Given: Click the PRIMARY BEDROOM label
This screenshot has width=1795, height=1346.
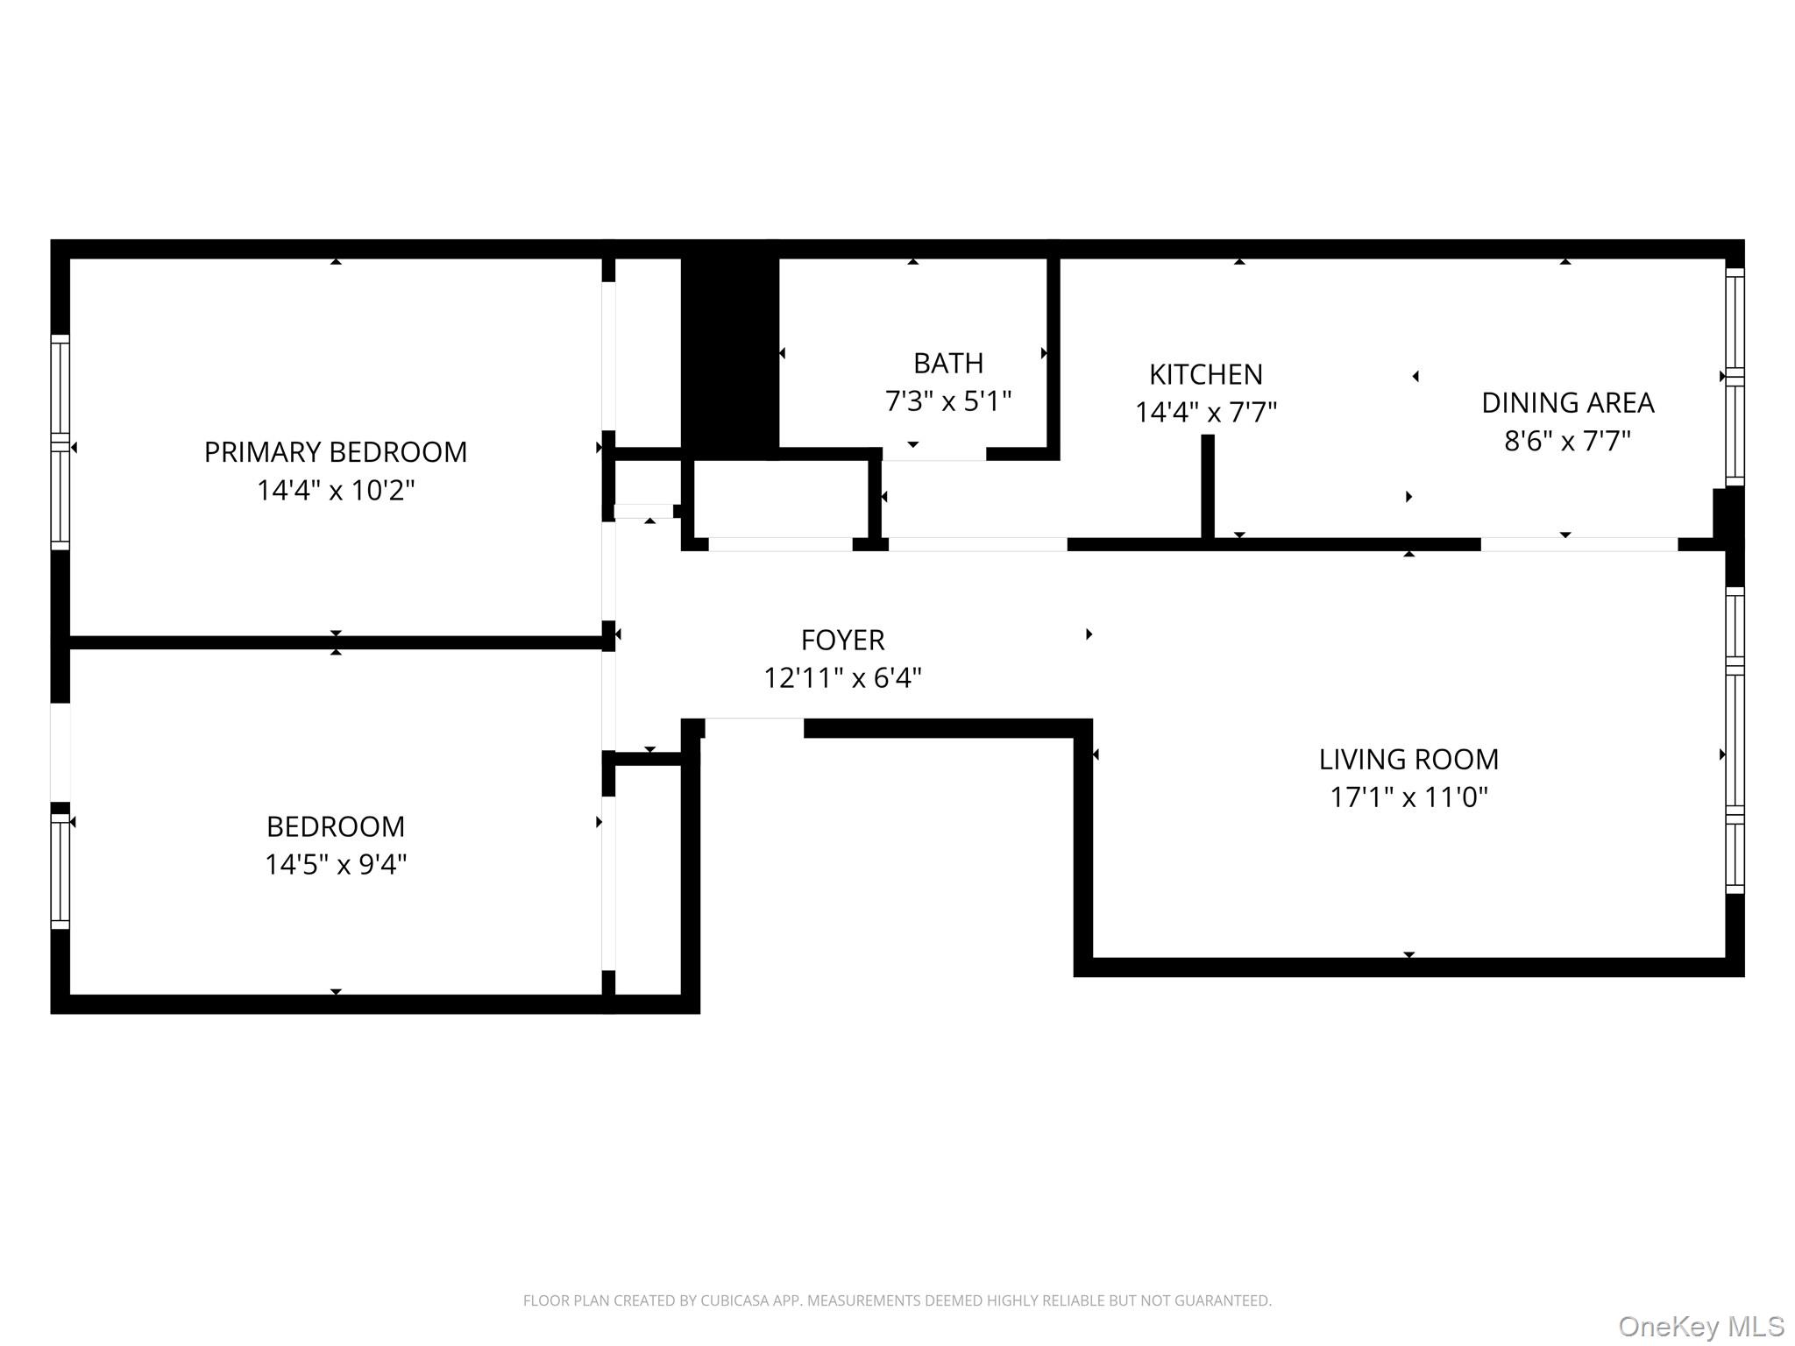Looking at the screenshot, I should [335, 451].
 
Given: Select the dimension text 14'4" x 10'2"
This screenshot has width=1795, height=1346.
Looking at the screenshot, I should [335, 490].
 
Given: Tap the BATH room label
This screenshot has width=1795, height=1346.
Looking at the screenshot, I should [947, 363].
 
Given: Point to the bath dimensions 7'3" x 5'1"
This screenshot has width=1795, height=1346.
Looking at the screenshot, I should [947, 401].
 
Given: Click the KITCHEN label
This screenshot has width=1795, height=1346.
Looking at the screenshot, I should [1205, 374].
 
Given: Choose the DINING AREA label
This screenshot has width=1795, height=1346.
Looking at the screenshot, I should [1567, 402].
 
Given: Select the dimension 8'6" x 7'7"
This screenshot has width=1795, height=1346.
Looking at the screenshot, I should [1567, 441].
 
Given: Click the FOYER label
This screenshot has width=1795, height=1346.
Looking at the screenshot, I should [842, 640].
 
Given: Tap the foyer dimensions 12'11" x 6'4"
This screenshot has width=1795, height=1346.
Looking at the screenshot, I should [842, 678].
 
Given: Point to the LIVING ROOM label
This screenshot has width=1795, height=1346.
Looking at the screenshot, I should [1408, 759].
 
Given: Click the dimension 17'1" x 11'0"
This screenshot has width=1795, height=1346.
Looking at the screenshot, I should [1408, 797].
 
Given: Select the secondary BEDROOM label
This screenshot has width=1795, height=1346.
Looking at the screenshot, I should [335, 826].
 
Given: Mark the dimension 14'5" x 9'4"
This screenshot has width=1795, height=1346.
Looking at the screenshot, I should [335, 865].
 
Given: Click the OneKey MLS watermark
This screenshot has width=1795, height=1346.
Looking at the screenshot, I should [1700, 1327].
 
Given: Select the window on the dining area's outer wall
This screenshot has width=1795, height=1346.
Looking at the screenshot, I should [1735, 377].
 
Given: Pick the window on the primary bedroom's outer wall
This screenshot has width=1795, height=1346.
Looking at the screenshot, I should [60, 442].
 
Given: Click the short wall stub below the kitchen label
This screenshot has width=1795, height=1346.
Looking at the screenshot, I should [1207, 486].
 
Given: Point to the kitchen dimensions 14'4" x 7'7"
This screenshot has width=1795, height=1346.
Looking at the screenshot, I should [1205, 412].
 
